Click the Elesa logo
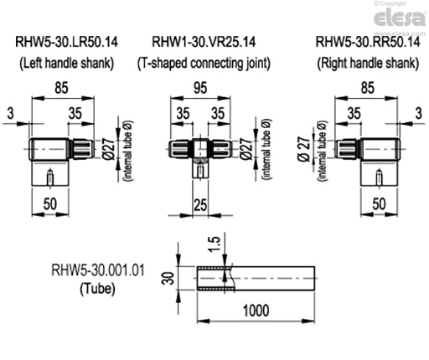[399, 18]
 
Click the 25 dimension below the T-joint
[199, 204]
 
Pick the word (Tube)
[91, 289]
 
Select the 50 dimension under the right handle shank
[379, 204]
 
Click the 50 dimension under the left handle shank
[49, 204]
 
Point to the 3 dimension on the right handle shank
[417, 112]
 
